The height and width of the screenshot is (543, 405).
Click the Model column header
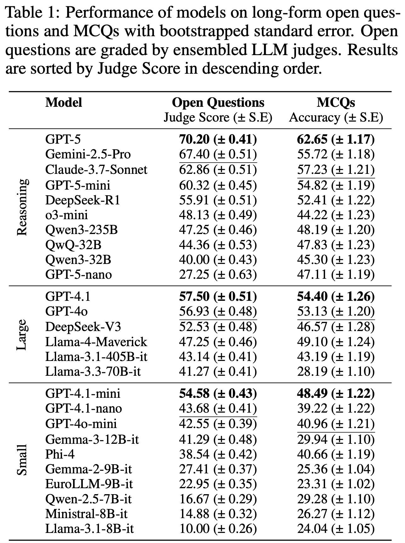click(64, 103)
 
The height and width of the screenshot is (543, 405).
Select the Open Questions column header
click(218, 103)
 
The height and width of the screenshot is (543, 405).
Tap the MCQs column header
click(336, 103)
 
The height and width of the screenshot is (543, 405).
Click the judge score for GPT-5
click(218, 139)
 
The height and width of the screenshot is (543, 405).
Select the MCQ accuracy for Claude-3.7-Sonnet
click(336, 170)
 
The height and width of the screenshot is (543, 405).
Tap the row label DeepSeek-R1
click(83, 200)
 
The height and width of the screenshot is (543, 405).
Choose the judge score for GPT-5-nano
click(218, 275)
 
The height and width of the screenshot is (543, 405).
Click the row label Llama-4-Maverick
click(96, 342)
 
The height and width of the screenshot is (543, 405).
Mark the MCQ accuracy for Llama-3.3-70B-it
click(336, 372)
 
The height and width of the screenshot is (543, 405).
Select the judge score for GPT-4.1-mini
click(218, 394)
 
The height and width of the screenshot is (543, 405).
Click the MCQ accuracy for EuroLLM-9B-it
click(336, 484)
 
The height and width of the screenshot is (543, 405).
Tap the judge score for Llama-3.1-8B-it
click(218, 529)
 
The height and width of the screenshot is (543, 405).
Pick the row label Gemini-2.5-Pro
click(88, 154)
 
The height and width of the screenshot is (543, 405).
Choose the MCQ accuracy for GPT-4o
click(336, 312)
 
